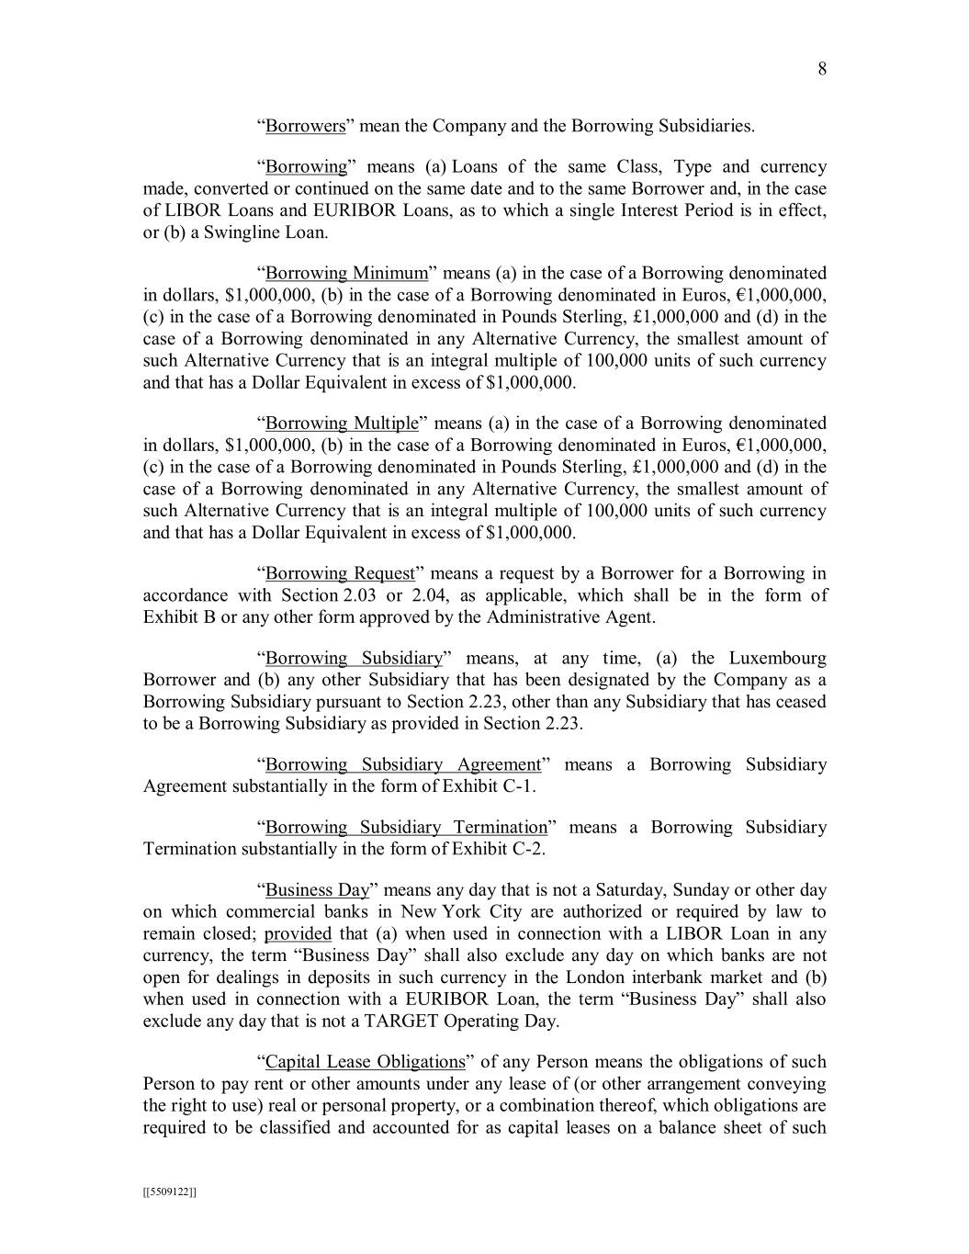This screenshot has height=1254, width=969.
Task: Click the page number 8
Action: coord(822,70)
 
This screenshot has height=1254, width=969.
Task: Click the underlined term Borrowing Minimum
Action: coord(346,273)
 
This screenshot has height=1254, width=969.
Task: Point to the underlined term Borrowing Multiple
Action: coord(342,424)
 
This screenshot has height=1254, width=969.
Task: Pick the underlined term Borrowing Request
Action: coord(340,574)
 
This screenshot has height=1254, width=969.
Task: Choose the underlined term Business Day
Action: coord(317,890)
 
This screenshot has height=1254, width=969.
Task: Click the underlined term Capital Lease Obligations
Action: coord(365,1063)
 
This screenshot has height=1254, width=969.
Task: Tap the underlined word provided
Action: coord(298,934)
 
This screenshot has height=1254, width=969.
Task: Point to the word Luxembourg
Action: coord(777,659)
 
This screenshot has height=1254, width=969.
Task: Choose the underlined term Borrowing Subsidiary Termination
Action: coord(406,828)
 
